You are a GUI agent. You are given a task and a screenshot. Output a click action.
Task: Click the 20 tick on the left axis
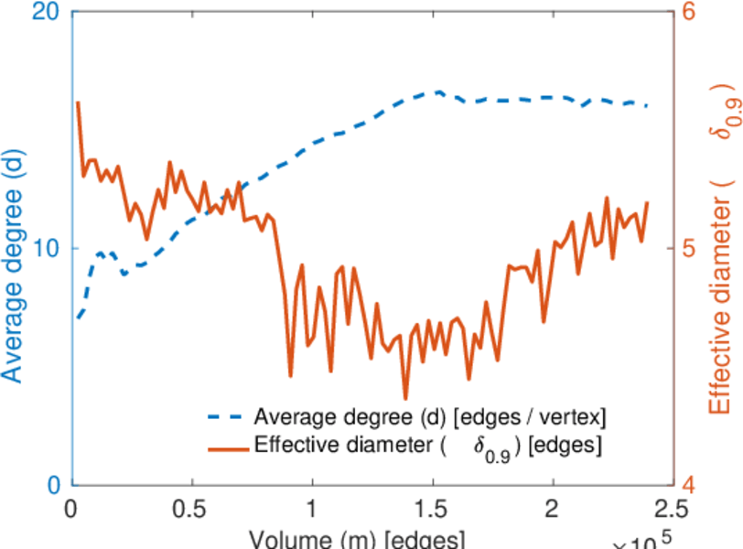46,14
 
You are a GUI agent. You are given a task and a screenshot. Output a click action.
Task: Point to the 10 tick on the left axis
46,249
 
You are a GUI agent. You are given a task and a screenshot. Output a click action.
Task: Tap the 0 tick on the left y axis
53,485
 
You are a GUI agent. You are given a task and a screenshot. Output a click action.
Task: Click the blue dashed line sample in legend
227,419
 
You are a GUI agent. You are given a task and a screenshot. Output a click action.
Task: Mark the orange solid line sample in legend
227,447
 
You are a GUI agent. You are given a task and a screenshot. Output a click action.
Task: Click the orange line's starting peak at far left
78,102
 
